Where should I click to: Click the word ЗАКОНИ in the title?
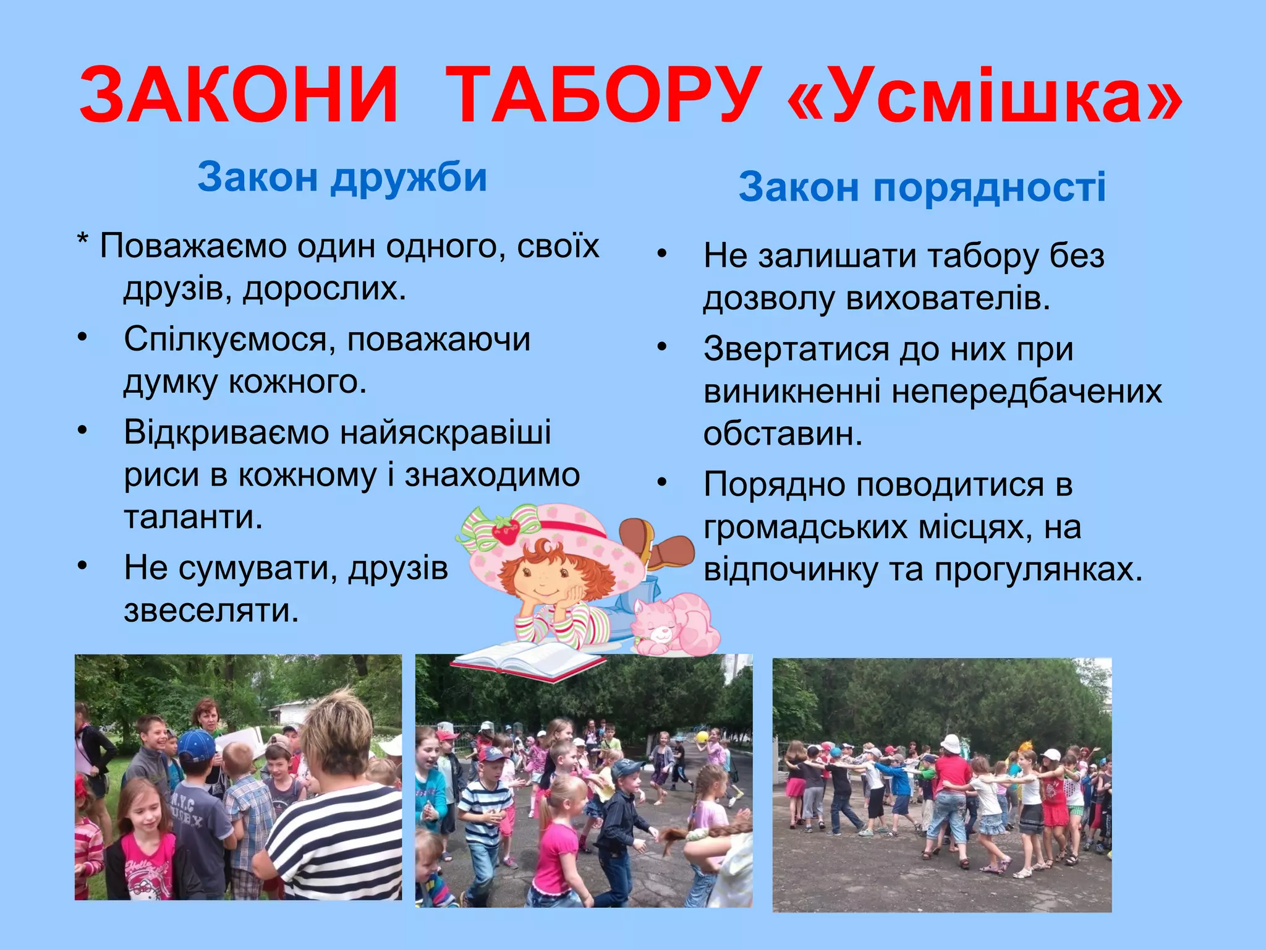(x=239, y=96)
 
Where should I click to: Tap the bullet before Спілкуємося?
(x=83, y=338)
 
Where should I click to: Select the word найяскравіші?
(x=445, y=432)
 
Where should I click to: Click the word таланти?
(x=193, y=517)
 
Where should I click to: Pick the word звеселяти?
(x=211, y=610)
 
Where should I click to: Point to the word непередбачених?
(x=1027, y=391)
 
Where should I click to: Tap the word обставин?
(x=783, y=434)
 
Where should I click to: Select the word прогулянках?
(x=1039, y=569)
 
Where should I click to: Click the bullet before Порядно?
(x=663, y=482)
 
